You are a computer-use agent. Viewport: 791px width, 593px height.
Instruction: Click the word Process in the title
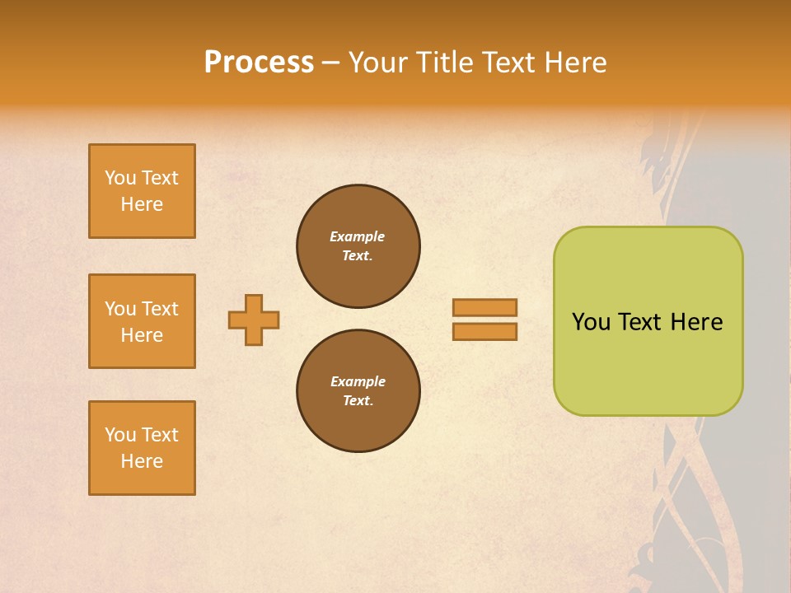(x=259, y=63)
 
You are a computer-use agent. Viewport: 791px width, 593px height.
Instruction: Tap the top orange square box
(x=142, y=191)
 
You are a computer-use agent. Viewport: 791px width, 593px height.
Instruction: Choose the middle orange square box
(x=142, y=321)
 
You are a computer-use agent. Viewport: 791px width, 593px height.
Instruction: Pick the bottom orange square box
(x=142, y=448)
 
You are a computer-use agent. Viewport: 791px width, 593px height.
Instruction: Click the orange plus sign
(x=254, y=320)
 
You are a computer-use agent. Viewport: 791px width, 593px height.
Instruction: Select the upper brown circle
(x=358, y=245)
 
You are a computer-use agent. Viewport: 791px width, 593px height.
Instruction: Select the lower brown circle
(x=358, y=390)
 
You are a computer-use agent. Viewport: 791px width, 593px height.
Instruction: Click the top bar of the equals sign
(x=484, y=307)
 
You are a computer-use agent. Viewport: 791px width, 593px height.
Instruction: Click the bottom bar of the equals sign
(x=484, y=332)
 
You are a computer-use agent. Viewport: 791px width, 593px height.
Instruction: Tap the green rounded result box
(x=648, y=362)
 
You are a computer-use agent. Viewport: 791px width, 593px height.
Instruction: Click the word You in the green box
(x=591, y=322)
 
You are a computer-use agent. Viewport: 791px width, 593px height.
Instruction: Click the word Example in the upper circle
(x=358, y=236)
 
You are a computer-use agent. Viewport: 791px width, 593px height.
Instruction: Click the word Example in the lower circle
(x=358, y=381)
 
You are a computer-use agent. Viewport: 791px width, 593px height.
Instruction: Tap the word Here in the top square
(x=142, y=204)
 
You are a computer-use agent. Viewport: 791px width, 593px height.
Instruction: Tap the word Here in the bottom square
(x=142, y=461)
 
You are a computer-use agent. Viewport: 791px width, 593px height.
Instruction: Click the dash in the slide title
(x=330, y=63)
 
